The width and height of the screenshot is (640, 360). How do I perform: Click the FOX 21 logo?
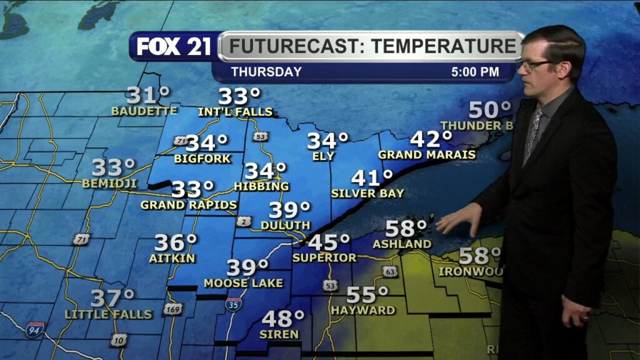click(x=174, y=46)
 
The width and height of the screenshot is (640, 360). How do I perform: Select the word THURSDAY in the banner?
click(x=266, y=72)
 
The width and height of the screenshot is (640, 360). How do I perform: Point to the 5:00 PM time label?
click(x=475, y=72)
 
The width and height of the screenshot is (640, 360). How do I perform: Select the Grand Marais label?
click(x=427, y=154)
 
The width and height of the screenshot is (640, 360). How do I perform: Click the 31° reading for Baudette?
click(x=148, y=95)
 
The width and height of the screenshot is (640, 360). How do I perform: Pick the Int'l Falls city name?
click(x=236, y=112)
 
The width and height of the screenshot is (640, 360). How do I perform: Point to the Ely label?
click(x=324, y=156)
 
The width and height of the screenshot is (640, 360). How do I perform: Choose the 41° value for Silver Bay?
click(x=372, y=178)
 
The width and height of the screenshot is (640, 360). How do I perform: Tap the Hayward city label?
click(x=363, y=310)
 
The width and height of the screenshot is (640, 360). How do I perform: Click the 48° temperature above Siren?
click(x=282, y=319)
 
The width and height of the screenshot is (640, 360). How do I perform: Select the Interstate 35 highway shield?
click(x=234, y=305)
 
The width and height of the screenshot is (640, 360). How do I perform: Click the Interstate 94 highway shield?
click(x=35, y=330)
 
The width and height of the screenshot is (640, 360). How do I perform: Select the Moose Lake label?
click(x=244, y=283)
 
